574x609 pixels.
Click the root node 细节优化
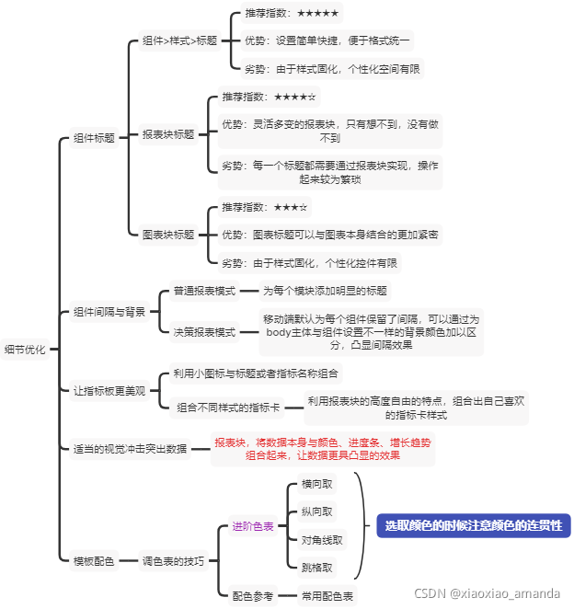[25, 350]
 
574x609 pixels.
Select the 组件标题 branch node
[94, 138]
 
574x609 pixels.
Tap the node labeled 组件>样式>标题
[179, 40]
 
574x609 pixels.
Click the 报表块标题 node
[168, 134]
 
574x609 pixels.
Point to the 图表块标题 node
[168, 235]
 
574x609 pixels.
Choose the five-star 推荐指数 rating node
[292, 14]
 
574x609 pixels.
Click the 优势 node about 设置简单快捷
[327, 40]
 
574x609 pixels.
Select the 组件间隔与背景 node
[109, 312]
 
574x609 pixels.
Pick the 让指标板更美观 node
[109, 390]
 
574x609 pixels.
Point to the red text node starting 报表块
[321, 448]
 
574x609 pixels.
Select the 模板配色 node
[94, 560]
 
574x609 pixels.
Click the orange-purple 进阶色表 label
[252, 526]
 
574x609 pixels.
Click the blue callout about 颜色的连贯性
[473, 525]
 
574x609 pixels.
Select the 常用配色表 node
[327, 596]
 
